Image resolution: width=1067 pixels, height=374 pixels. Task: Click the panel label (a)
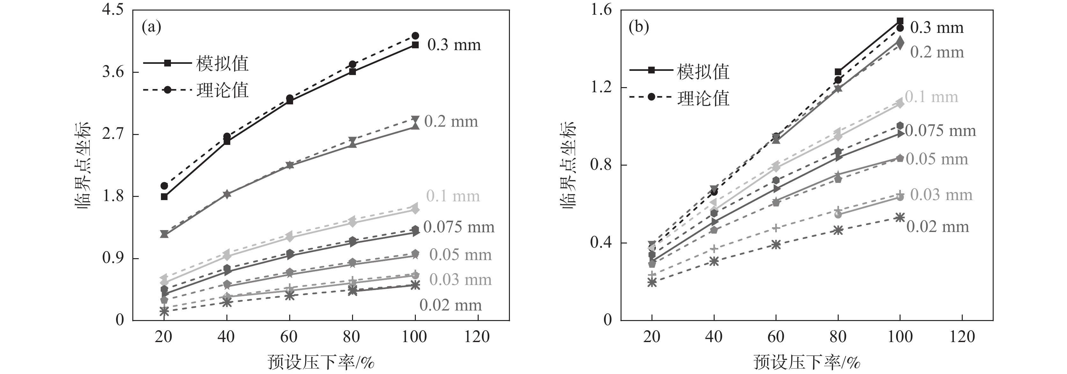point(151,27)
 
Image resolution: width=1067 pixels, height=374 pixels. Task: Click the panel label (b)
point(638,27)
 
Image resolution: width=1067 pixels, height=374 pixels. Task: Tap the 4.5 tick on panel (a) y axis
point(113,10)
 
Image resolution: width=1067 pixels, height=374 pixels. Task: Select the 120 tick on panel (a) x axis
point(477,337)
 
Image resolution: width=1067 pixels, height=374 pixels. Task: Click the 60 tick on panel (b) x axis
point(776,337)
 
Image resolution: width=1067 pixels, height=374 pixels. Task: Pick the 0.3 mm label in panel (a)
point(454,45)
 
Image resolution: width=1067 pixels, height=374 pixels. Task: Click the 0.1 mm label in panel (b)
point(931,97)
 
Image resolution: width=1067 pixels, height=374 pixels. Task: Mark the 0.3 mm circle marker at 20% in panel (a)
point(164,186)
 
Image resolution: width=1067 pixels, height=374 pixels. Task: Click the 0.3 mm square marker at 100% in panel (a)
point(416,45)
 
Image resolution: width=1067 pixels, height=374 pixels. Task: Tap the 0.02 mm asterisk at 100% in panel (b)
point(900,217)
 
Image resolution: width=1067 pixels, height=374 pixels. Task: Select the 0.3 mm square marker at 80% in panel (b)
point(838,72)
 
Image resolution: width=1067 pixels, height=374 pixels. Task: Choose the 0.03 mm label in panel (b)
point(941,195)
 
